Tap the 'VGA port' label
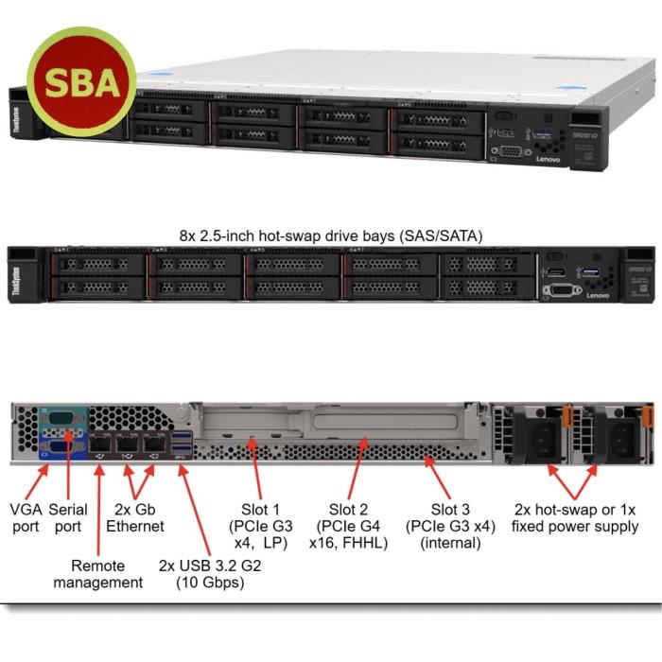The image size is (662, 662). click(26, 517)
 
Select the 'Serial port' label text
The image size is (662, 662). click(68, 517)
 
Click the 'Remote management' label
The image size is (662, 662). click(112, 573)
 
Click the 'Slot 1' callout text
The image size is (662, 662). click(259, 526)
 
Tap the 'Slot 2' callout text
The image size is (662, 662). click(349, 526)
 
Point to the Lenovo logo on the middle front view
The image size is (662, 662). click(598, 295)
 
